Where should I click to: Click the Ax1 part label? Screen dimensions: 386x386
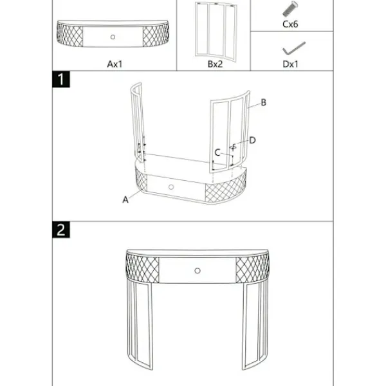115,64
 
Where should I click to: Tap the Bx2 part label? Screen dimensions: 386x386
215,64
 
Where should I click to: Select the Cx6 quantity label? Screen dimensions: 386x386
290,24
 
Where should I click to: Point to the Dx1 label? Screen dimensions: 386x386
291,64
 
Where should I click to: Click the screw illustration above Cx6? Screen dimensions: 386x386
290,9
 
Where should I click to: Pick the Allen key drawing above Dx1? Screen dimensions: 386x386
294,48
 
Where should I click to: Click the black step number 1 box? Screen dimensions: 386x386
61,79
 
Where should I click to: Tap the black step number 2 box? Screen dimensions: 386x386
61,230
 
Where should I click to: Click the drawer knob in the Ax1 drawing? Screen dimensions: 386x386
113,37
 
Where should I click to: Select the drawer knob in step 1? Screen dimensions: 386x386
171,187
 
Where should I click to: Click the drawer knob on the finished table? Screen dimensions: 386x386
198,271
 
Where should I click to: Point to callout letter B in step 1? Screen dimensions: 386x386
263,102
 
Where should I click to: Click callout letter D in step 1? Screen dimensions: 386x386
252,140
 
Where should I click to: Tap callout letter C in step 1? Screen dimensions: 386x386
217,152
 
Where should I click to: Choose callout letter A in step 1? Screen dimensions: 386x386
125,199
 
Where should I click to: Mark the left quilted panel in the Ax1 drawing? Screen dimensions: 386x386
69,35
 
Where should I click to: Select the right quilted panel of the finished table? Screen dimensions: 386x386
252,268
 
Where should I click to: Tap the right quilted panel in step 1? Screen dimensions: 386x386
225,189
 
